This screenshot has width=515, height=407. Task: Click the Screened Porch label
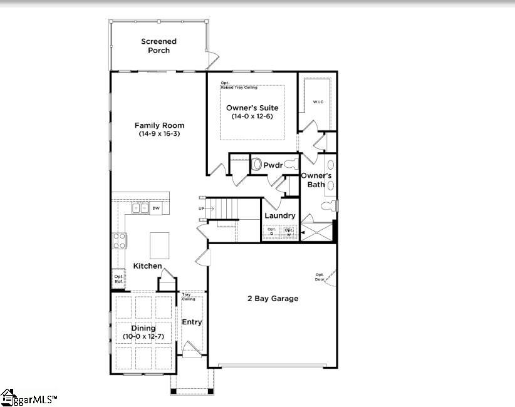[x=159, y=46]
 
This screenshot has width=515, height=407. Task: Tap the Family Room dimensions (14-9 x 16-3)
[x=159, y=134]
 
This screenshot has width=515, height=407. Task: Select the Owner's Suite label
[x=252, y=108]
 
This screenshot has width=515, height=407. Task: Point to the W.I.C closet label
[x=318, y=102]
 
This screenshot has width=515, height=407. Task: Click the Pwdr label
[x=273, y=165]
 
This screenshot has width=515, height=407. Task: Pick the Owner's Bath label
[x=316, y=180]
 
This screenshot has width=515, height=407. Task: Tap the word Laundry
[x=279, y=215]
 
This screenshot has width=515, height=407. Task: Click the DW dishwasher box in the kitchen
[x=156, y=208]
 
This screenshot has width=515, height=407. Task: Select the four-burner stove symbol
[x=119, y=240]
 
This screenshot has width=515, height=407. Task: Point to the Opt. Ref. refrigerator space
[x=118, y=279]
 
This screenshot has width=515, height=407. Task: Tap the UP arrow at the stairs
[x=202, y=209]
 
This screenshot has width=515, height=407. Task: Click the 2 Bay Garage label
[x=273, y=299]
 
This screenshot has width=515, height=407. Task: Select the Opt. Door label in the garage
[x=320, y=277]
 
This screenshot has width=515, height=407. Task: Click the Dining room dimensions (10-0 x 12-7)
[x=143, y=337]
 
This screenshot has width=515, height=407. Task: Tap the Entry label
[x=192, y=322]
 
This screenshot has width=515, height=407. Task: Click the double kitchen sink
[x=140, y=208]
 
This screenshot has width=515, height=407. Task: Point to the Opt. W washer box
[x=289, y=231]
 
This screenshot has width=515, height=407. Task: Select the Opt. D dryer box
[x=271, y=231]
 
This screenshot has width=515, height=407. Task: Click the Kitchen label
[x=147, y=266]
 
